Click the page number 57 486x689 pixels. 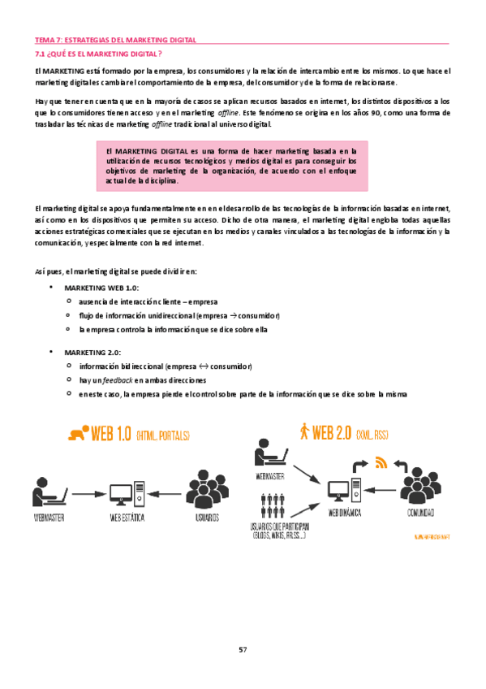click(x=243, y=649)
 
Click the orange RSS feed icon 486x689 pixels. click(x=381, y=464)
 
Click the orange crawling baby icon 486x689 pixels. click(x=79, y=433)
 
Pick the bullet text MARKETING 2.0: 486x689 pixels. click(x=92, y=352)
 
